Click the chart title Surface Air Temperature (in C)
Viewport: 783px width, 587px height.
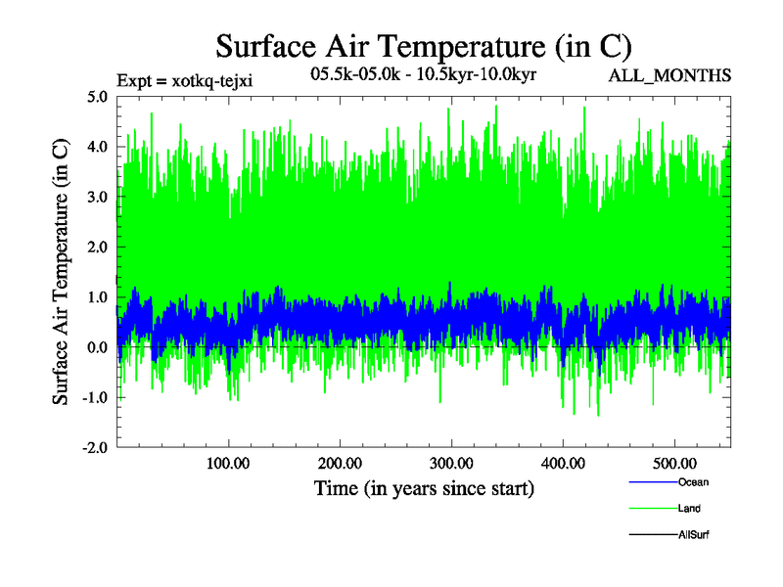(x=424, y=46)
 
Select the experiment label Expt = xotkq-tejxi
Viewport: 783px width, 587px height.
(x=185, y=80)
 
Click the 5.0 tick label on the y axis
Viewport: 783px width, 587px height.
(x=98, y=97)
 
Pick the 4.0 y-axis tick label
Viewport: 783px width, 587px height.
(x=98, y=147)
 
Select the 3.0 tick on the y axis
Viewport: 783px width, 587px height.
(x=98, y=197)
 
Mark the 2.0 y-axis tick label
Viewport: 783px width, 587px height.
(x=98, y=248)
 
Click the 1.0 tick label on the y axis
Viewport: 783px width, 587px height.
(x=98, y=297)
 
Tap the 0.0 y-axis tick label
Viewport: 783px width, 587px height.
(x=98, y=347)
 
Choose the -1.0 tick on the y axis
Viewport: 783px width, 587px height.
(x=95, y=398)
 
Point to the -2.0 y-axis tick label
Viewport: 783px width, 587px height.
(x=95, y=448)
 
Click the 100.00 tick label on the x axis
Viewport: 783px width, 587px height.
(x=227, y=463)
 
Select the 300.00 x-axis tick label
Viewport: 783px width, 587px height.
(x=451, y=463)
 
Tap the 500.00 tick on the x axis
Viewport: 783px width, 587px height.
(x=674, y=463)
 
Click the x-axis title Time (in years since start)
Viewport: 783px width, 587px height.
(x=424, y=487)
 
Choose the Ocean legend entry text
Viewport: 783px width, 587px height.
(x=693, y=482)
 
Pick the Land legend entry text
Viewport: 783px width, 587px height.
(x=689, y=509)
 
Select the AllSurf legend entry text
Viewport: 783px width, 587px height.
(x=693, y=535)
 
